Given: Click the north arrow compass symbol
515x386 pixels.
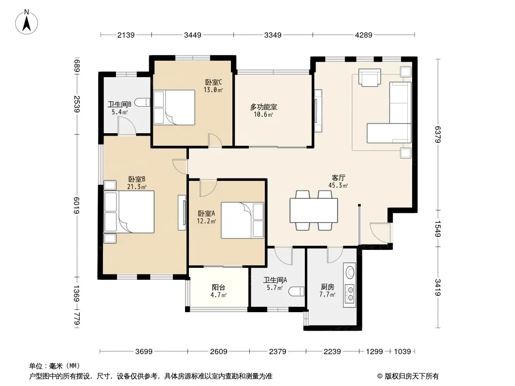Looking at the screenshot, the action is coord(27,22).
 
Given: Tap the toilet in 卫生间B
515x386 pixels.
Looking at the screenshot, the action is coord(143,102).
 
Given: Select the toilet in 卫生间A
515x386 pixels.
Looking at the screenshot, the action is coord(297,291).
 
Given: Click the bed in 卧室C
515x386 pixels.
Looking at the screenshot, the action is coord(174,107).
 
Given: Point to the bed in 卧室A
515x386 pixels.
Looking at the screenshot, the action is coord(243,220).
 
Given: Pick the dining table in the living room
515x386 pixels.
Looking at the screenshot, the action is coord(314,210).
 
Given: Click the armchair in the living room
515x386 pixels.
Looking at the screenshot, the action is coord(370,77).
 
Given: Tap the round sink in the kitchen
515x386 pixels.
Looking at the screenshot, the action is coord(350,272).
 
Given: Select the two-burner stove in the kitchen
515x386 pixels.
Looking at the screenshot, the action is coord(350,294).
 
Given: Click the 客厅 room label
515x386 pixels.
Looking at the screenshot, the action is coord(338,178).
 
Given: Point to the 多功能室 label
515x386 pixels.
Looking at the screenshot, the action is coord(264,107).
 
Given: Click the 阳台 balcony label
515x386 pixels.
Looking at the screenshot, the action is coord(218,288).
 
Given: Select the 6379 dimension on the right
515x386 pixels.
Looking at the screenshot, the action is coord(438,135).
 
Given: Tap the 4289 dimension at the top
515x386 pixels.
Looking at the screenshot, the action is coord(364,35).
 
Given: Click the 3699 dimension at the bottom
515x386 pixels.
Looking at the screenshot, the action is coord(144,352).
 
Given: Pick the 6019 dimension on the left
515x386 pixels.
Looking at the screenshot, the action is coord(76,205).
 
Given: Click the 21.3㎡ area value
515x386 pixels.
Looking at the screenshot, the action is coord(137,187).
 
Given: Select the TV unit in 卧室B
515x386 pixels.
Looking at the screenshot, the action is coord(182,212).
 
